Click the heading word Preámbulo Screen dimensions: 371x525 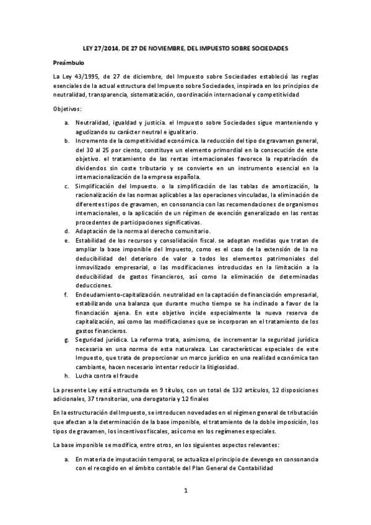[68, 63]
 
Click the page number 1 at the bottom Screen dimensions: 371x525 [185, 492]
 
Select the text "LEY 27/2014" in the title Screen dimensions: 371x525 [99, 48]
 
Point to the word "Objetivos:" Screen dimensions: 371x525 [68, 109]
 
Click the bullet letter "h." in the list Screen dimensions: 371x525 [67, 376]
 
